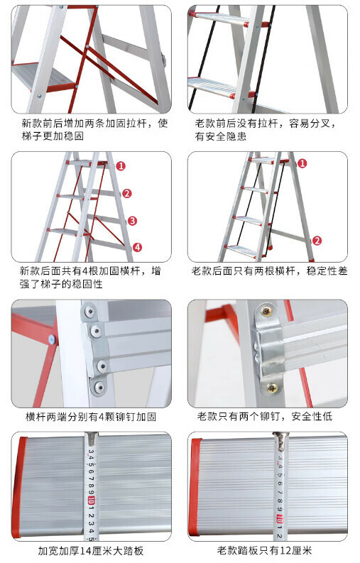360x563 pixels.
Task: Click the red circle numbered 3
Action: click(132, 221)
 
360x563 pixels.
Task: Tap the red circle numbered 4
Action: click(137, 247)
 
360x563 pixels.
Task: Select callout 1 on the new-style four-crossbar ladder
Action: click(121, 166)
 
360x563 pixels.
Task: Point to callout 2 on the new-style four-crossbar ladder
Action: click(127, 194)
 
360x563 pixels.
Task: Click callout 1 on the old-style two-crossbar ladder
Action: click(302, 163)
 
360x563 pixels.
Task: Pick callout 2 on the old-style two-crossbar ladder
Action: click(317, 241)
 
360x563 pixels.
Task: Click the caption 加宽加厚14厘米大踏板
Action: click(91, 551)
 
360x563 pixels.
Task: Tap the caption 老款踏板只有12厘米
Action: click(264, 550)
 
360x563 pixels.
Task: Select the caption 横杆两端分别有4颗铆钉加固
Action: click(91, 417)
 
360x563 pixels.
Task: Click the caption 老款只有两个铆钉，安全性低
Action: click(265, 417)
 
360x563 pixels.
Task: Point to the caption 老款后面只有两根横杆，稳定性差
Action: click(269, 270)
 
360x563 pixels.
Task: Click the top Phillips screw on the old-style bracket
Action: click(266, 311)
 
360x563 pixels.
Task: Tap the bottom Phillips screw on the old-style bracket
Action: click(272, 388)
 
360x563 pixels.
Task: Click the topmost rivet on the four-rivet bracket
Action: click(89, 311)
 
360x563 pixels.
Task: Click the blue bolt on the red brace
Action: click(52, 339)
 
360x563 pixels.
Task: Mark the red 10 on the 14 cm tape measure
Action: click(91, 500)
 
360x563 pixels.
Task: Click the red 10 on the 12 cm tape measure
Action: click(280, 519)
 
